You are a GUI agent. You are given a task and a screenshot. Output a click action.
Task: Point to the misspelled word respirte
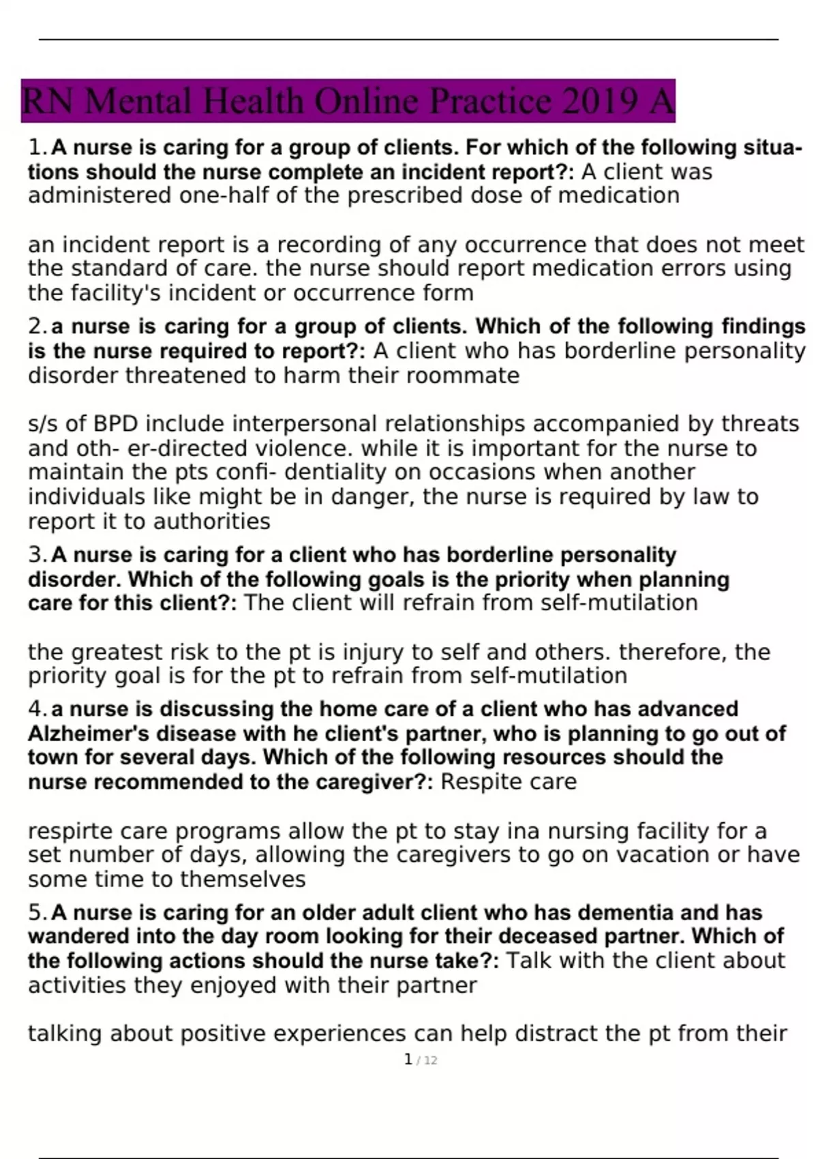[x=70, y=832]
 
